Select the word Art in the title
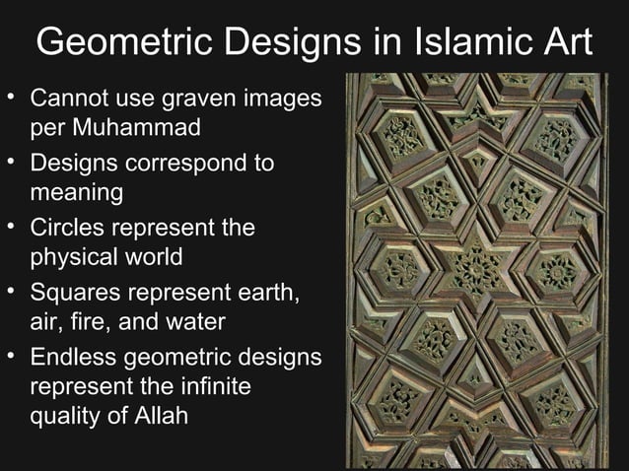[558, 42]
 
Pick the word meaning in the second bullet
[78, 192]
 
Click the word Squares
[78, 293]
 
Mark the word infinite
[213, 387]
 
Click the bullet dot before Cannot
[12, 100]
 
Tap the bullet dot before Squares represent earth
[12, 293]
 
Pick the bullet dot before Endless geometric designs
[12, 357]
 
